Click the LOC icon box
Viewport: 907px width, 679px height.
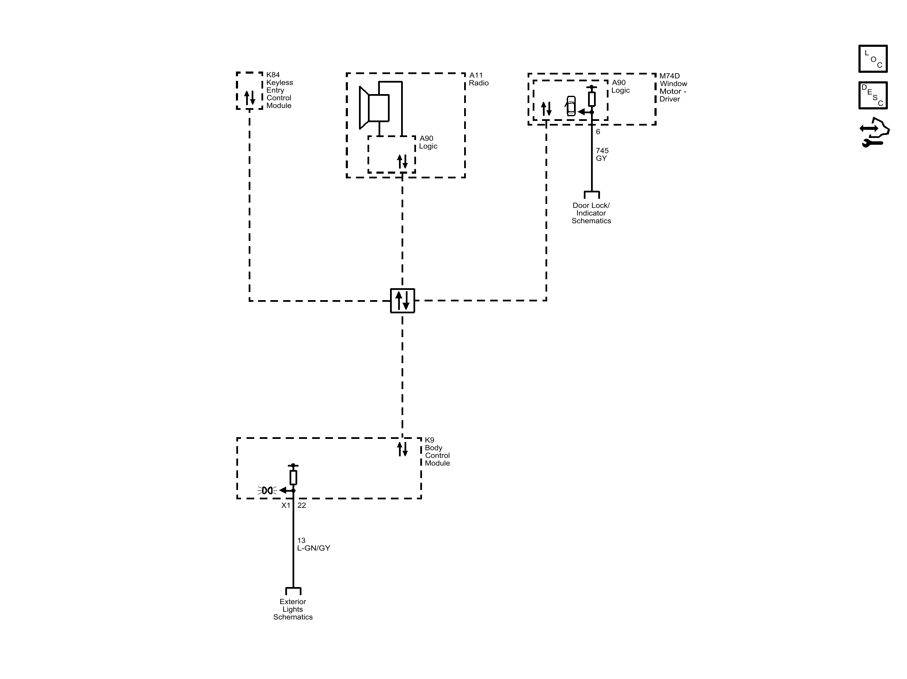tap(873, 59)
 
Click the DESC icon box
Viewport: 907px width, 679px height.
tap(873, 95)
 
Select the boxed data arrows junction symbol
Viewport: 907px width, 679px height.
tap(402, 301)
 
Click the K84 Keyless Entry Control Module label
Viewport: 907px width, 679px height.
tap(279, 90)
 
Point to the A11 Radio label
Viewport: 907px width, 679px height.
tap(479, 79)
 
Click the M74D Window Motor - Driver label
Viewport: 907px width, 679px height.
tap(673, 88)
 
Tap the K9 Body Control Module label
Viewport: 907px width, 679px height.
tap(437, 452)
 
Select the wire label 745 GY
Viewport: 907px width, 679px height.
tap(602, 155)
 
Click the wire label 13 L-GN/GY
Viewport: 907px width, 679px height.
tap(313, 544)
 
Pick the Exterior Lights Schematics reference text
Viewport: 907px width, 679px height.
tap(293, 609)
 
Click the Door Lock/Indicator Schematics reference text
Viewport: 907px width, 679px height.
tap(591, 213)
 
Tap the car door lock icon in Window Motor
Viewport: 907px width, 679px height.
tap(571, 106)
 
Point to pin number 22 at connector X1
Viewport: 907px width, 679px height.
tap(301, 505)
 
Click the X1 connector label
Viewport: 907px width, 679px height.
tap(286, 505)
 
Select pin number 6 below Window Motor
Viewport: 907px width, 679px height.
tap(598, 132)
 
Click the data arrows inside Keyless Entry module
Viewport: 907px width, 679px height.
tap(250, 98)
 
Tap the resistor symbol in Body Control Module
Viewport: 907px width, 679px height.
tap(293, 478)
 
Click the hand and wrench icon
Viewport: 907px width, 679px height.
tap(874, 132)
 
